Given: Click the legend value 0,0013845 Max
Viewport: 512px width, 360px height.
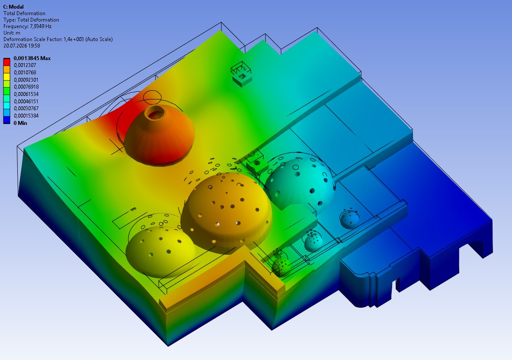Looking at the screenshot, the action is [x=32, y=58].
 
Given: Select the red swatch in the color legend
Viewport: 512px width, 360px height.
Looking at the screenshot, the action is [x=6, y=62].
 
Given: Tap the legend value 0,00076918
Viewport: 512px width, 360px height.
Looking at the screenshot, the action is [x=26, y=87].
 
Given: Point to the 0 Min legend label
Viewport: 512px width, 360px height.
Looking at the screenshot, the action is [x=20, y=123].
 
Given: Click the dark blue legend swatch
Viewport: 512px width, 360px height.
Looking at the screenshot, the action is [x=6, y=119].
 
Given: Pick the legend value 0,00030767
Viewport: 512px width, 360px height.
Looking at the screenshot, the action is [x=26, y=108].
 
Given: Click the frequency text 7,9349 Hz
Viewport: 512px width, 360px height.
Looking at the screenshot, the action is [x=41, y=26].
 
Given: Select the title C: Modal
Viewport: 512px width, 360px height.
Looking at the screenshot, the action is [x=13, y=6].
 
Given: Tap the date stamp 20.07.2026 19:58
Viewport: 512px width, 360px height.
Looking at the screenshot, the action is [x=22, y=46].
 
